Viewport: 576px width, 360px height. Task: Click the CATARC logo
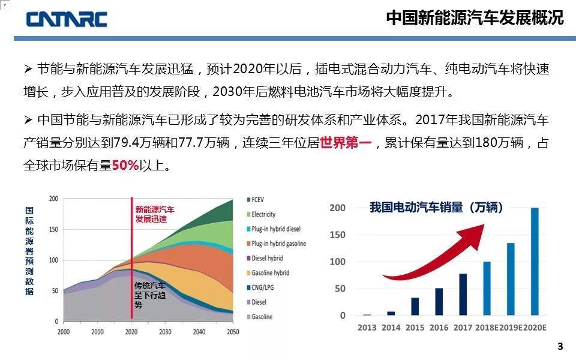click(66, 19)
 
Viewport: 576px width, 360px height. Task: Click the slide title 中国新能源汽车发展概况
click(475, 18)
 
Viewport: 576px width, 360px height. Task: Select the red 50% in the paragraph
click(125, 165)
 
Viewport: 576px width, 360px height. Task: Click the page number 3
click(560, 346)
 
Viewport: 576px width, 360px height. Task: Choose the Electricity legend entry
click(263, 214)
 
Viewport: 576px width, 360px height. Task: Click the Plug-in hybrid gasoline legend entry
click(278, 244)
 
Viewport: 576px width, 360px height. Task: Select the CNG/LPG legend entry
click(262, 287)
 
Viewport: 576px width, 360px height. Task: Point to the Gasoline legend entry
click(262, 317)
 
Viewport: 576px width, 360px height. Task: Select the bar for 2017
click(463, 294)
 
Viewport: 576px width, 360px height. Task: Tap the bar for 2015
click(415, 306)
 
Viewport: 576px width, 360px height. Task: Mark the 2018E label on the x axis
click(487, 328)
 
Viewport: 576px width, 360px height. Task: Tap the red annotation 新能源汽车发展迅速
click(155, 214)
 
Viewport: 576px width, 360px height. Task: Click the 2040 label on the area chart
click(199, 332)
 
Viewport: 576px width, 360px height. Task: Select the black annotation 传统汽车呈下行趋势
click(150, 295)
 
